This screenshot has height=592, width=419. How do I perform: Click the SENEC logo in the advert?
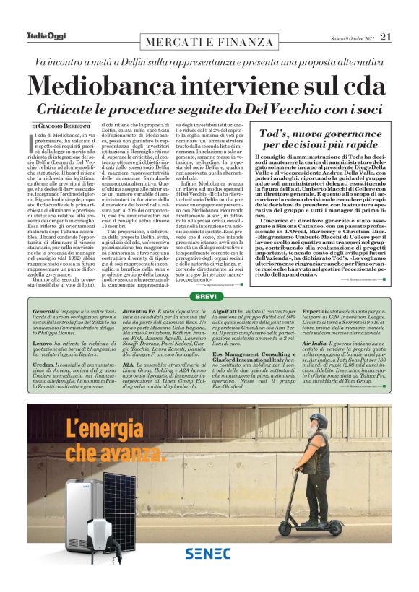207,554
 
